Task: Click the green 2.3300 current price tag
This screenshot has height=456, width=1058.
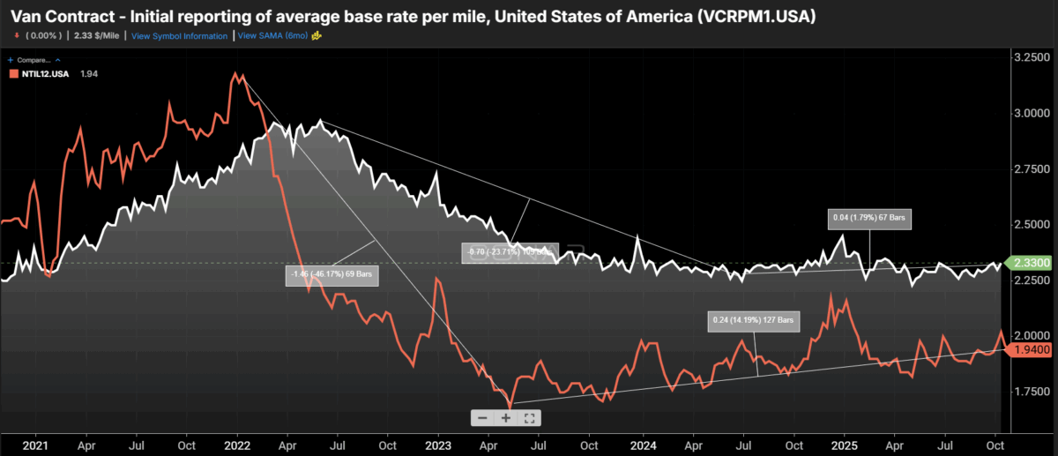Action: [1032, 263]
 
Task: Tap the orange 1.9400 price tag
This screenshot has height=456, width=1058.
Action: [1032, 350]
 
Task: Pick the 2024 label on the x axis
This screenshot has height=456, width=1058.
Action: [643, 446]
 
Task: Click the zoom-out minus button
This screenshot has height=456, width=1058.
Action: [482, 417]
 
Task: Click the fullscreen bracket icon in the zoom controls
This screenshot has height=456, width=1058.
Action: [529, 417]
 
